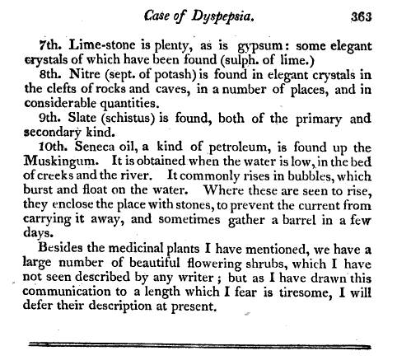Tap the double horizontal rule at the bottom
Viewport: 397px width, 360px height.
point(198,340)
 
